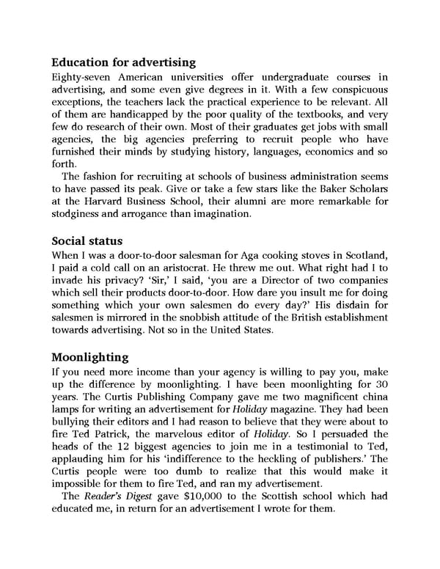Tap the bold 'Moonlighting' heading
[x=90, y=357]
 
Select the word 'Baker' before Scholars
[x=315, y=189]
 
